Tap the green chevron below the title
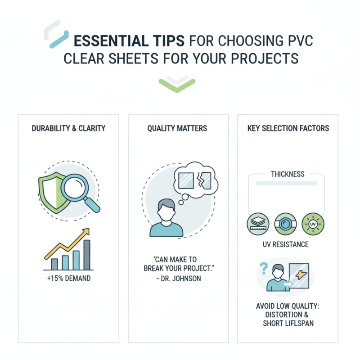point(177,85)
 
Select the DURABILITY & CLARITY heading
point(68,128)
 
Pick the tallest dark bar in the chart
point(87,255)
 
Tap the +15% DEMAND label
point(68,278)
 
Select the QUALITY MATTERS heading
point(177,128)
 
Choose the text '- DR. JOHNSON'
point(177,279)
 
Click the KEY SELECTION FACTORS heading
point(288,128)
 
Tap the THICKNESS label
point(288,174)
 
